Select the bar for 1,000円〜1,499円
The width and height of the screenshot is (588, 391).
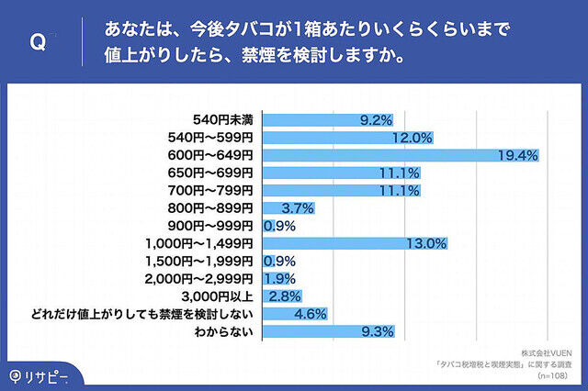(x=355, y=243)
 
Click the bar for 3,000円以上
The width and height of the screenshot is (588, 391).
(x=283, y=296)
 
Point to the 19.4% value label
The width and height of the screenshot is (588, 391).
(x=517, y=155)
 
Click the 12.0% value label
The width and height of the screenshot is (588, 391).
(x=413, y=138)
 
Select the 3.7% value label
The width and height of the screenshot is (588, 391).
(x=300, y=208)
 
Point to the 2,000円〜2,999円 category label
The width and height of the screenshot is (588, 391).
(x=204, y=278)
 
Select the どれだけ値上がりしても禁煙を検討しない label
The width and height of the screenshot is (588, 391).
(x=172, y=314)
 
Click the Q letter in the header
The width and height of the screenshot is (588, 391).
(x=39, y=42)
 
